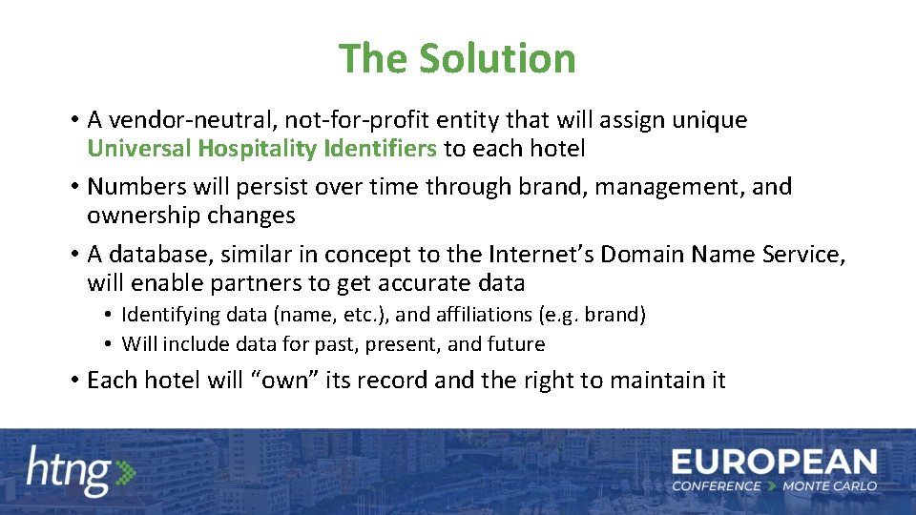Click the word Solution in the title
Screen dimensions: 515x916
click(497, 58)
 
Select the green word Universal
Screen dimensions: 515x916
click(138, 149)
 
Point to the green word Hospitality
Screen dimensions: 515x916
click(257, 149)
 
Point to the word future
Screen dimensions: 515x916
click(516, 344)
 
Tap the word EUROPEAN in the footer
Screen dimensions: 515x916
click(774, 463)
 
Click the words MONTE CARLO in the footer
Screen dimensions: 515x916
click(829, 486)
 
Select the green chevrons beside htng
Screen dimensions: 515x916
click(125, 472)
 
